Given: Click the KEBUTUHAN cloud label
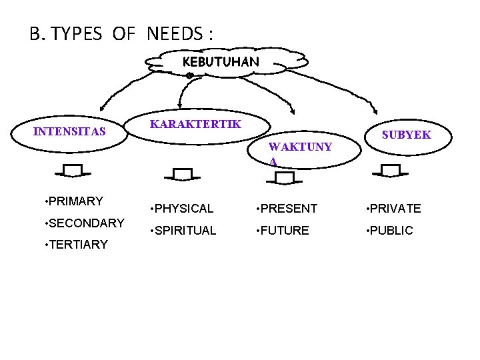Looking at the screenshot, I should [x=221, y=62].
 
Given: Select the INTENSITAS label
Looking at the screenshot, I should [x=69, y=131].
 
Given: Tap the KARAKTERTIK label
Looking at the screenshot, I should [x=196, y=124].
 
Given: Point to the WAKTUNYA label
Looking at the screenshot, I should [x=299, y=154].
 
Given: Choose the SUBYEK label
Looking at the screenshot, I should [x=406, y=135].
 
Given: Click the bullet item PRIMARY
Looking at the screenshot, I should [x=73, y=201].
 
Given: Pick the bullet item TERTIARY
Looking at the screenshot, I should [x=75, y=244].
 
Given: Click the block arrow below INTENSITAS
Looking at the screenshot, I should [x=74, y=171].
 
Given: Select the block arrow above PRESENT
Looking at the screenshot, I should [x=285, y=177].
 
